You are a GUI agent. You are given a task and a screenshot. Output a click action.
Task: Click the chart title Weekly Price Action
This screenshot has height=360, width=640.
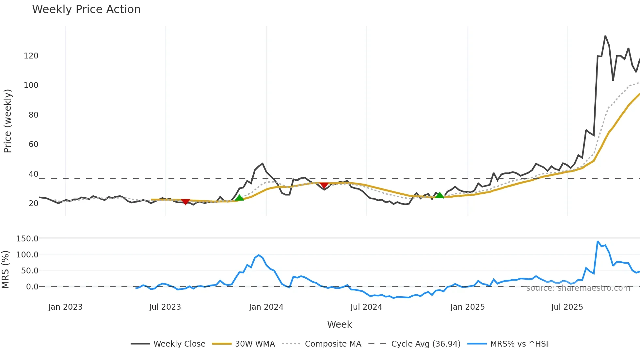pyautogui.click(x=86, y=9)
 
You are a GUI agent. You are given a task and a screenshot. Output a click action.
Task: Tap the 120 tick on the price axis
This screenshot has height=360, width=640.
pyautogui.click(x=31, y=56)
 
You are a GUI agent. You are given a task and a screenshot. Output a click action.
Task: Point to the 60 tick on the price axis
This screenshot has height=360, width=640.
pyautogui.click(x=33, y=144)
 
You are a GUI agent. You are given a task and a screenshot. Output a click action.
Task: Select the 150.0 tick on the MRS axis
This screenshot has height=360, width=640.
pyautogui.click(x=27, y=239)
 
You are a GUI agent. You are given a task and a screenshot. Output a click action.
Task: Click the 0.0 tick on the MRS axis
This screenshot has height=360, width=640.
pyautogui.click(x=32, y=287)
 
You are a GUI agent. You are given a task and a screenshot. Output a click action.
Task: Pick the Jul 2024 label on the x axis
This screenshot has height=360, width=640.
pyautogui.click(x=366, y=307)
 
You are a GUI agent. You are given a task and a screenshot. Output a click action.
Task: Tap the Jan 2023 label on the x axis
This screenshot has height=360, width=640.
pyautogui.click(x=65, y=307)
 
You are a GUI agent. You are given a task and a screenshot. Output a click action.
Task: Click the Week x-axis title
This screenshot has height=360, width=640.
pyautogui.click(x=339, y=324)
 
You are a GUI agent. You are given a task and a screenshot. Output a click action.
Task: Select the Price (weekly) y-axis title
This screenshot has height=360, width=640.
pyautogui.click(x=8, y=121)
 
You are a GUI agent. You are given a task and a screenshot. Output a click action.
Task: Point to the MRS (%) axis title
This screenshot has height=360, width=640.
pyautogui.click(x=5, y=270)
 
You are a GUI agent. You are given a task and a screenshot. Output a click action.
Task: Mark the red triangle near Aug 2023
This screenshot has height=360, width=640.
pyautogui.click(x=185, y=202)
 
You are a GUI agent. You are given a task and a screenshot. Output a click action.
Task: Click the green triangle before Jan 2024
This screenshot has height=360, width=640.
pyautogui.click(x=239, y=198)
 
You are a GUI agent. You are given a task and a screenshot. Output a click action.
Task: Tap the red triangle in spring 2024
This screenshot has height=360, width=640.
pyautogui.click(x=324, y=185)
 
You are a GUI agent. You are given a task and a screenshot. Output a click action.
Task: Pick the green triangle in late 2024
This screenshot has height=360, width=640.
pyautogui.click(x=440, y=195)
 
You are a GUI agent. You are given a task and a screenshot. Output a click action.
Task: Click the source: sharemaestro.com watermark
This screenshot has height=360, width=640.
pyautogui.click(x=578, y=288)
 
